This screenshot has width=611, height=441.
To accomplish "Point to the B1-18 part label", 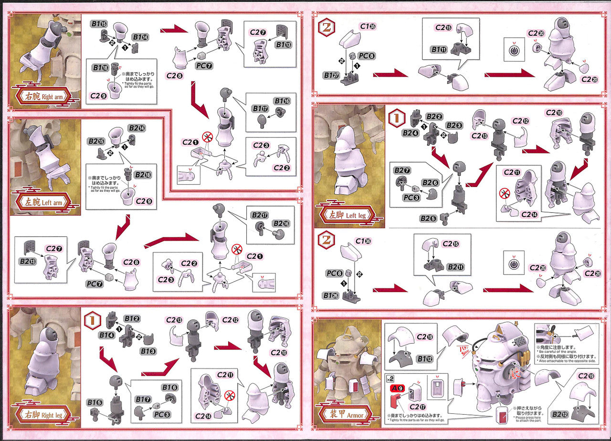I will point(100,68).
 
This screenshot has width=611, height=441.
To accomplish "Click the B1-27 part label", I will point(331,74).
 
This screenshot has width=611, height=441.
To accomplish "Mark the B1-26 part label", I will point(331,295).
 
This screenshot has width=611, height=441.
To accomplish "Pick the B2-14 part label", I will point(136,128).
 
